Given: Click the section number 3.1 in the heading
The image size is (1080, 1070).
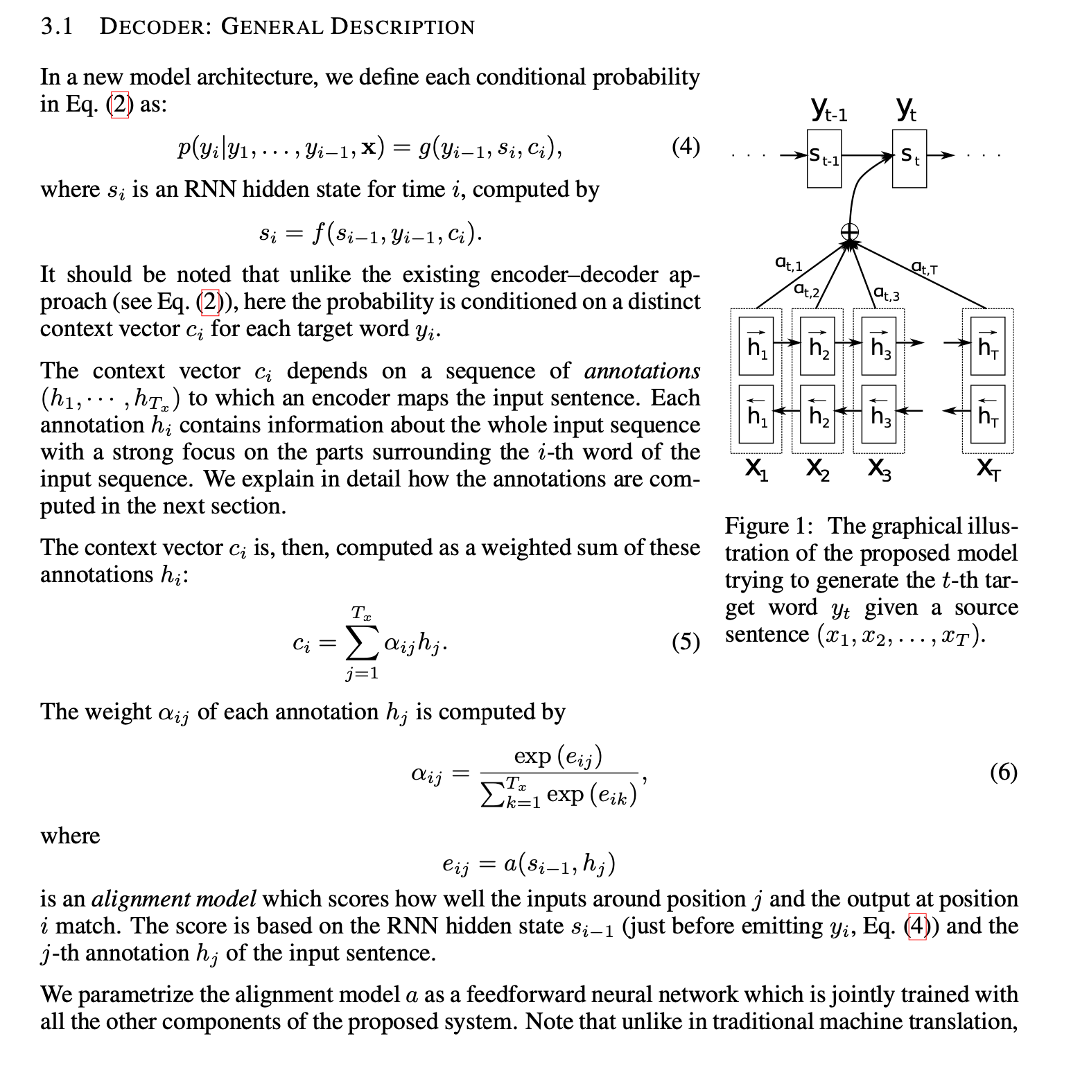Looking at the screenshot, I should point(56,26).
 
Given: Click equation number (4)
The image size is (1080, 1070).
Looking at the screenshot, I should point(686,147).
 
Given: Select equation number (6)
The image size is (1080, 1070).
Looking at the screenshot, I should point(1003,771).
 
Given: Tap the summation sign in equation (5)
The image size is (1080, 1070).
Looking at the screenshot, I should point(363,644).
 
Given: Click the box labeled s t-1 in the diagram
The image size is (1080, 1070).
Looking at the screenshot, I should point(824,158).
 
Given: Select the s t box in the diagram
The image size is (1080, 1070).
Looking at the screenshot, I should point(909,158).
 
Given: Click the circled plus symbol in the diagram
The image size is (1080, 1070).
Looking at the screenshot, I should point(850,232).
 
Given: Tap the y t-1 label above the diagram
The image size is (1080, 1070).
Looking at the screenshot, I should point(828,109).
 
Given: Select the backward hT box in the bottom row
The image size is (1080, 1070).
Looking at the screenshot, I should point(988,414).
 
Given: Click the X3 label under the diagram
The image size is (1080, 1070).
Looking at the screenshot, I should point(879,470).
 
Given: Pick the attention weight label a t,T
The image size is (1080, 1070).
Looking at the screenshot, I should point(924,267).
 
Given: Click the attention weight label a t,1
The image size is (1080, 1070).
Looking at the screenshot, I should point(788,263).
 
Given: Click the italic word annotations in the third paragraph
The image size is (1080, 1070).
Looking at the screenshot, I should point(642,371).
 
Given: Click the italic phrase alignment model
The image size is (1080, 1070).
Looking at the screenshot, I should point(173,899).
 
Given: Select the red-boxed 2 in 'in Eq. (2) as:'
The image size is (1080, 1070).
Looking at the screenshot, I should point(120,105).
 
